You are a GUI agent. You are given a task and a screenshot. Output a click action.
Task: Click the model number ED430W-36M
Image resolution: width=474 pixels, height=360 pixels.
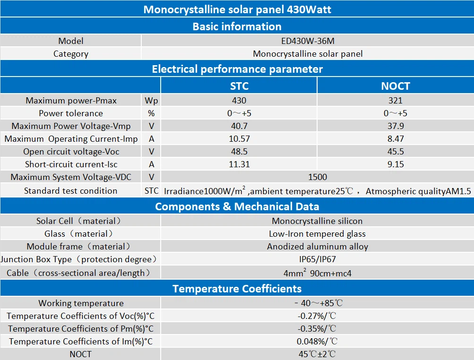click(308, 41)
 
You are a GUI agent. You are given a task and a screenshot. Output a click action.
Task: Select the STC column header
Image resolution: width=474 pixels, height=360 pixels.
click(239, 86)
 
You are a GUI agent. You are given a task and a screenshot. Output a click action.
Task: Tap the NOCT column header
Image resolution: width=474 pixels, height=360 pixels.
click(396, 86)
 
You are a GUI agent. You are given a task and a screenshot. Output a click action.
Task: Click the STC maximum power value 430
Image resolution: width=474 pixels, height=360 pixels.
click(239, 100)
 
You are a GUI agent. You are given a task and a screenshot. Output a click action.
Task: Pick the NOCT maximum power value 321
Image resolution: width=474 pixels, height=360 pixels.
click(396, 100)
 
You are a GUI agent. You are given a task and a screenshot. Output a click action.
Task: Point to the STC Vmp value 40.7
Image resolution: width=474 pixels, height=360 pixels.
click(239, 126)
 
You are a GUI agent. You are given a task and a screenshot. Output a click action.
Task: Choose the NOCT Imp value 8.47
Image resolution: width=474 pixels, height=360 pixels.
click(396, 139)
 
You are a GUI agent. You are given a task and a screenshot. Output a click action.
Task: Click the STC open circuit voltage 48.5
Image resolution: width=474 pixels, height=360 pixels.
click(239, 152)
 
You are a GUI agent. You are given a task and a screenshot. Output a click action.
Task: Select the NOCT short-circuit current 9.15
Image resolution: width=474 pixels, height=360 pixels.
click(396, 164)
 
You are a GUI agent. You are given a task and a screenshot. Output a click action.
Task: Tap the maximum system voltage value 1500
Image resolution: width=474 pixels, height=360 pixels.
click(318, 177)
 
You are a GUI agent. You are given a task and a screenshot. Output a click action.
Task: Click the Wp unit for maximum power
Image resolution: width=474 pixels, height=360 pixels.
click(151, 101)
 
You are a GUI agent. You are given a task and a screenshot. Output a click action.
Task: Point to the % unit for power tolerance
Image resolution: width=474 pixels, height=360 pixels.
click(151, 113)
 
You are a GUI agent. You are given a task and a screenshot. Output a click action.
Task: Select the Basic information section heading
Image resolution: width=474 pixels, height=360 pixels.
click(237, 26)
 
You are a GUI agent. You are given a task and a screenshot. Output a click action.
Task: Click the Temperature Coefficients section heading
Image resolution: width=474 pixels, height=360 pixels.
click(237, 289)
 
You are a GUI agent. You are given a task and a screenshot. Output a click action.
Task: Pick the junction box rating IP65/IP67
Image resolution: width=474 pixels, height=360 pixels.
click(318, 259)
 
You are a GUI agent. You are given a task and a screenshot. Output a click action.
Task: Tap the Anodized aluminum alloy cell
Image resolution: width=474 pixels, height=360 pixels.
click(318, 247)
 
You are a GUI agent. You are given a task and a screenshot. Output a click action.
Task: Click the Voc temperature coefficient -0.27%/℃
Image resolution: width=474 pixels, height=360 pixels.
click(317, 316)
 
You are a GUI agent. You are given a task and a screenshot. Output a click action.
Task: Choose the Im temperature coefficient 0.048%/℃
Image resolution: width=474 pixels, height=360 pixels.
click(317, 341)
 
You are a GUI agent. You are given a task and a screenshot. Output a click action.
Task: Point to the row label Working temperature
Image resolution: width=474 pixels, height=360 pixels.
click(81, 303)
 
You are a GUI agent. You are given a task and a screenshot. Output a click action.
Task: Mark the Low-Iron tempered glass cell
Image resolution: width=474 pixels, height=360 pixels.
click(318, 234)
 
